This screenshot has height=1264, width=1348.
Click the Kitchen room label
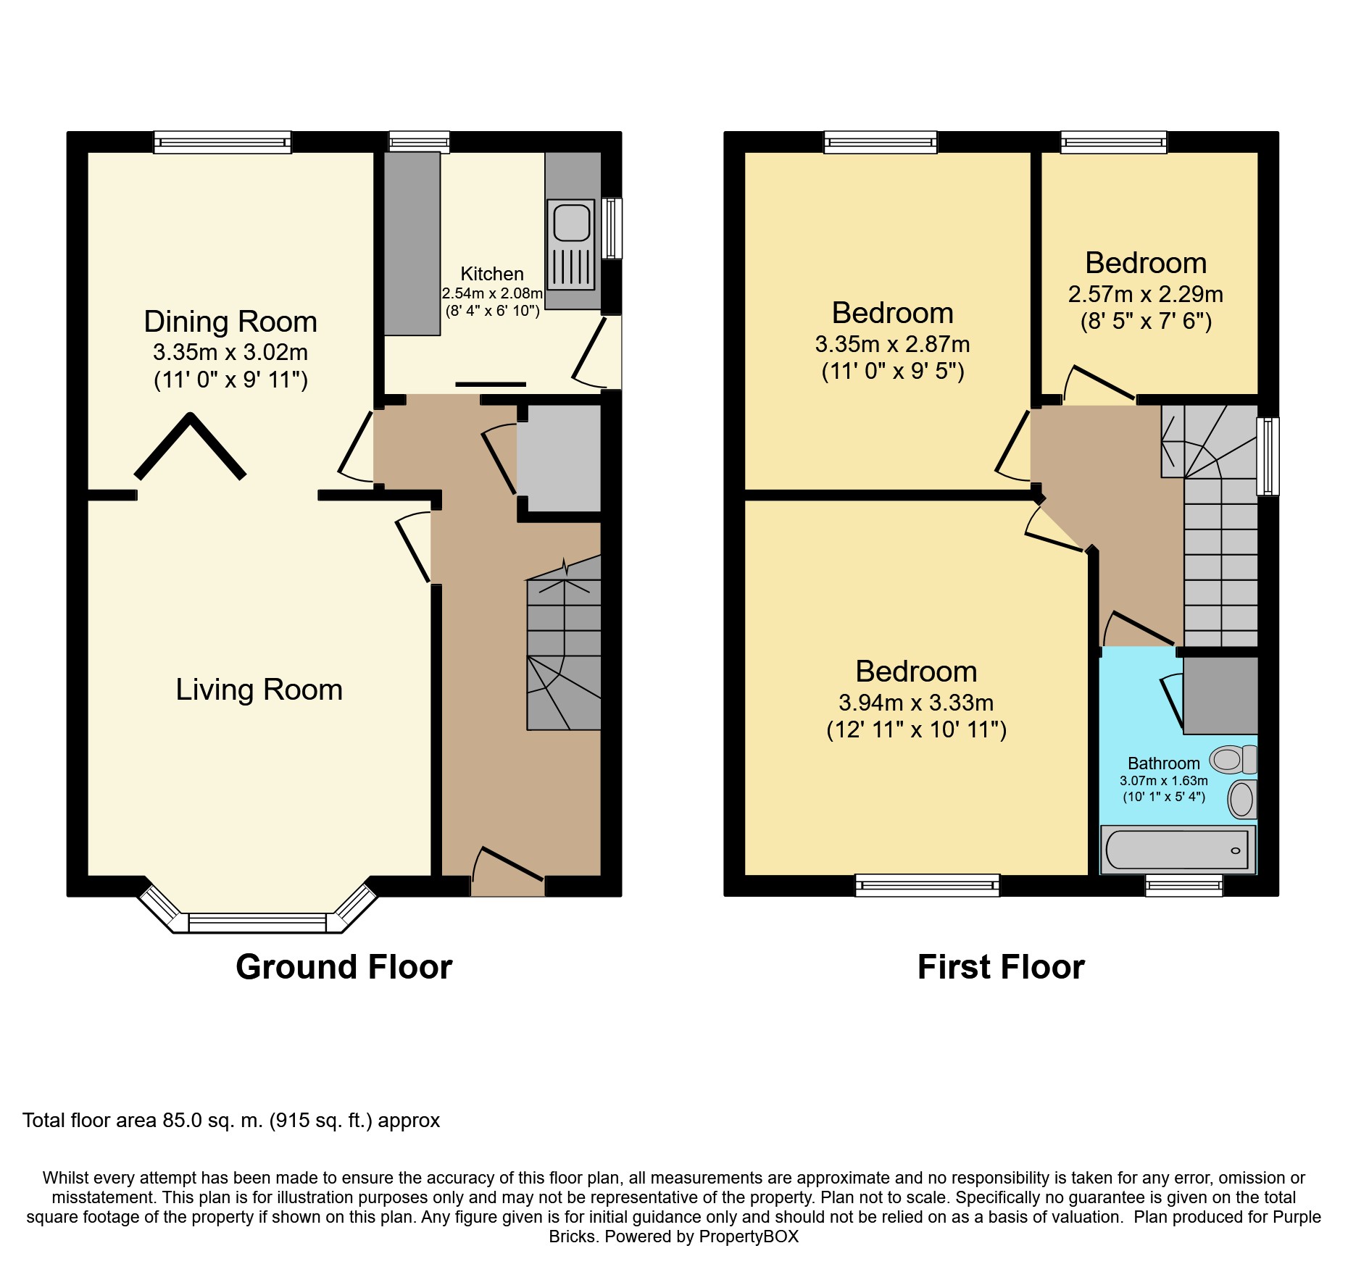492,274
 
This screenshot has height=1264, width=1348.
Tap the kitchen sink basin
573,222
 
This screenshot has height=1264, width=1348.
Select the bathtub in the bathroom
1178,850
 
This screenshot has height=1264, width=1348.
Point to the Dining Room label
230,322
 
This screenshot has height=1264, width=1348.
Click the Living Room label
259,690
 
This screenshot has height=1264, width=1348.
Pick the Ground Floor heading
344,967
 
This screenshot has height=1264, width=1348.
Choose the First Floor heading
1001,967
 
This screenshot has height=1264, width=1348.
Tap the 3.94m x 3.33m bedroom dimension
916,703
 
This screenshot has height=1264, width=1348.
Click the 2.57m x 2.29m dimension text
1146,294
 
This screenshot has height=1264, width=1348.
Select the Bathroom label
1164,763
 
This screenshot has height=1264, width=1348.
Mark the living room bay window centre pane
257,923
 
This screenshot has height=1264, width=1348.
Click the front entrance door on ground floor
507,864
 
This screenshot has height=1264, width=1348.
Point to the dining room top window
222,142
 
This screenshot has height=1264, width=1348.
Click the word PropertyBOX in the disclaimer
749,1236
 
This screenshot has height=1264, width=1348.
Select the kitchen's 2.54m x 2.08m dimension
492,293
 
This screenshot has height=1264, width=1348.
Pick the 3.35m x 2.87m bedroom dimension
892,344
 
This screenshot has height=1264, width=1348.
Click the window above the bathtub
1184,885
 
